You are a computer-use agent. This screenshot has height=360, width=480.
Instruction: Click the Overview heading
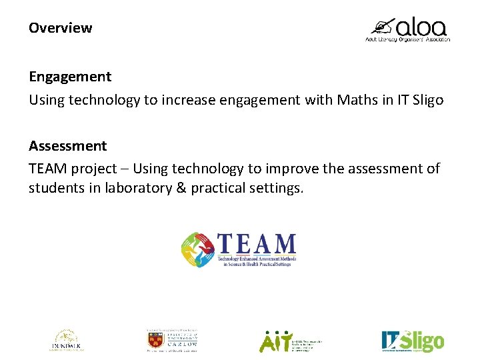click(60, 28)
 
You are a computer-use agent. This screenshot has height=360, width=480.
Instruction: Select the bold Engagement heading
click(70, 77)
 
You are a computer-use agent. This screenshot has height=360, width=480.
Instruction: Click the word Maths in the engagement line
click(357, 100)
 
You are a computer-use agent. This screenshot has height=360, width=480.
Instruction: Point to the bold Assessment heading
click(67, 145)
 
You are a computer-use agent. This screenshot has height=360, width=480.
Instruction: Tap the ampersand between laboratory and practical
click(181, 188)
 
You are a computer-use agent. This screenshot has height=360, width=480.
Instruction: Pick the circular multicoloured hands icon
click(199, 249)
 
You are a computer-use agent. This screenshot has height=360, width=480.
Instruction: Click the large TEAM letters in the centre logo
click(256, 244)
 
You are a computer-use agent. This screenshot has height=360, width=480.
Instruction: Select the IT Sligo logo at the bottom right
click(412, 341)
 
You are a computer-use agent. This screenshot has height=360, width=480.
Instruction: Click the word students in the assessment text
click(56, 188)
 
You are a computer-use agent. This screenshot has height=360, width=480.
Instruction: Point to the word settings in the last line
click(275, 188)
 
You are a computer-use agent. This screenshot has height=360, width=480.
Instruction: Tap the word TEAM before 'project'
click(47, 169)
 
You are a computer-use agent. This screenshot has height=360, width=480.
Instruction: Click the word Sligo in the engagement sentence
click(425, 100)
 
